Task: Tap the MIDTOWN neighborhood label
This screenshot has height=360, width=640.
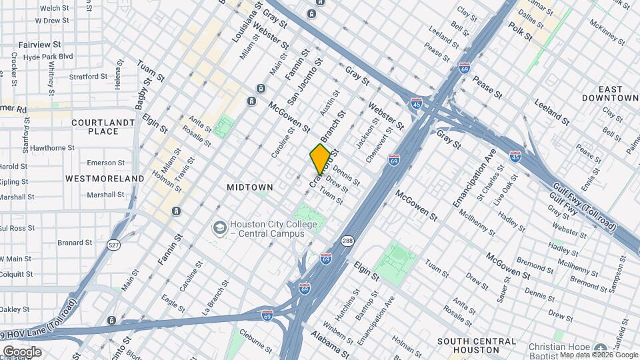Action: [245, 187]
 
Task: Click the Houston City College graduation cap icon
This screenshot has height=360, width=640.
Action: [219, 229]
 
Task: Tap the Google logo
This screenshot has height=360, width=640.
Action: [22, 352]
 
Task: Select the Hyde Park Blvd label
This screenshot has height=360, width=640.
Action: [47, 57]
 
